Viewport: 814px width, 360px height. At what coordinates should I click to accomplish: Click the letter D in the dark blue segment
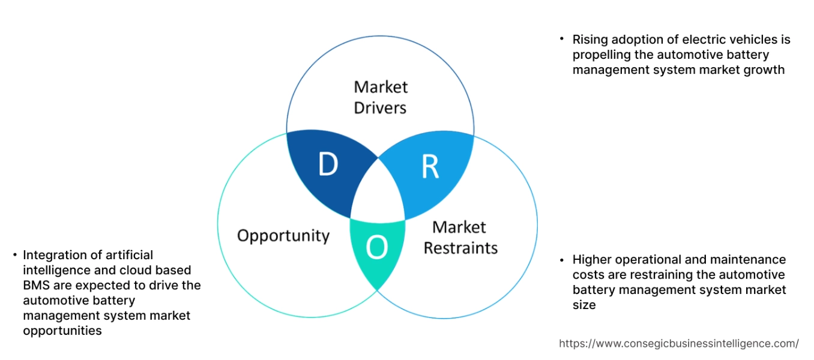pyautogui.click(x=328, y=165)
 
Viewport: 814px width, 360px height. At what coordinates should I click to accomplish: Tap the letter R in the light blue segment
pyautogui.click(x=430, y=168)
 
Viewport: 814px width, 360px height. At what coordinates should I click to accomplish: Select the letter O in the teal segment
pyautogui.click(x=376, y=247)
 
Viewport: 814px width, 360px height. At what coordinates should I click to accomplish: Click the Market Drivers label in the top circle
pyautogui.click(x=380, y=97)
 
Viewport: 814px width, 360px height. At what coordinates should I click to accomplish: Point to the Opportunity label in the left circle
pyautogui.click(x=283, y=235)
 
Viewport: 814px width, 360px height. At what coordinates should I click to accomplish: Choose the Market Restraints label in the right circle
pyautogui.click(x=460, y=238)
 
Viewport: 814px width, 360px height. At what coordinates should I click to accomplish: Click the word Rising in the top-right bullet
pyautogui.click(x=590, y=40)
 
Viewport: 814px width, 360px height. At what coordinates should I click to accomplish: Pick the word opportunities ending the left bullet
pyautogui.click(x=62, y=331)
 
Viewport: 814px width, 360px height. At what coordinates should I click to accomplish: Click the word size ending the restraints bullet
pyautogui.click(x=584, y=305)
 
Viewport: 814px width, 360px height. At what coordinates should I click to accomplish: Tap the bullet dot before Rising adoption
pyautogui.click(x=562, y=39)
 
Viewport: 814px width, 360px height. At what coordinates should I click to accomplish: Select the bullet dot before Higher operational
pyautogui.click(x=562, y=260)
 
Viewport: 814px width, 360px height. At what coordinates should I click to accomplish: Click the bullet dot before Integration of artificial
pyautogui.click(x=14, y=256)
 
